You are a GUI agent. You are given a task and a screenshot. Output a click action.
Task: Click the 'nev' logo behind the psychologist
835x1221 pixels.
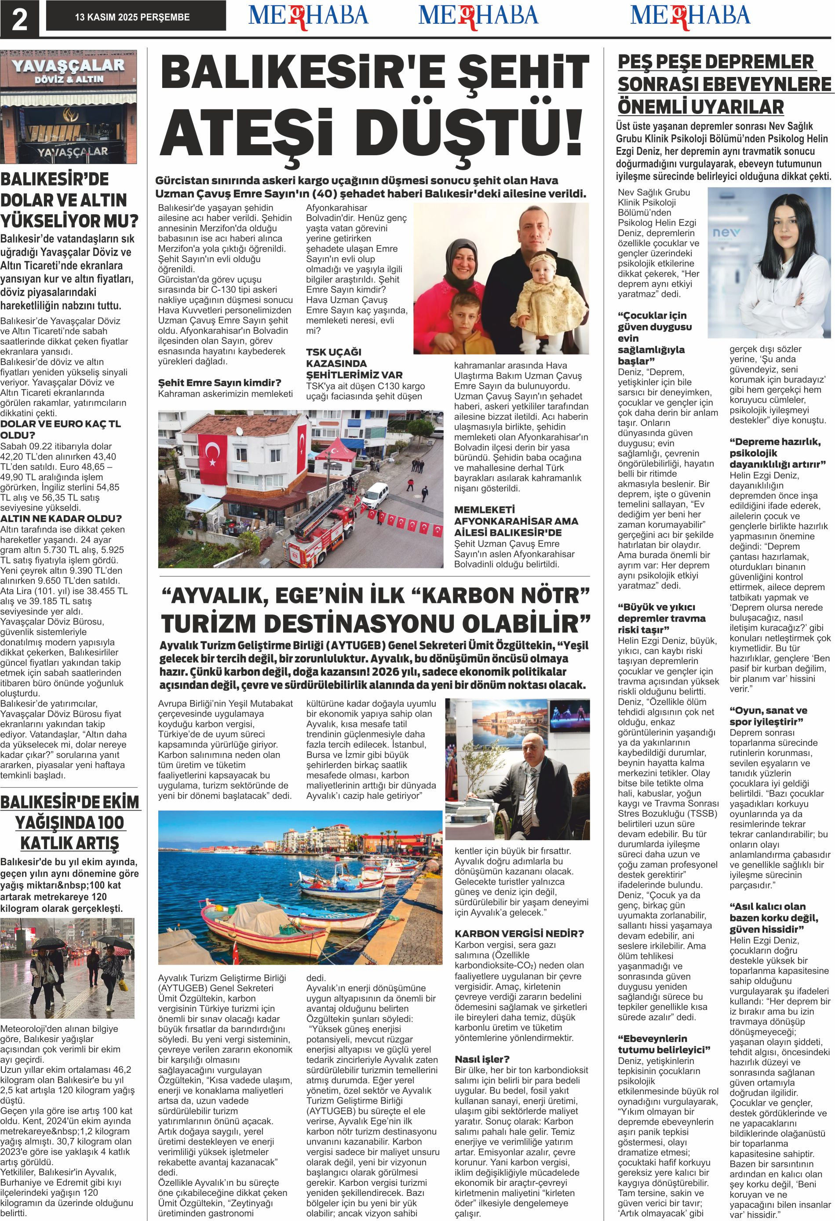(x=725, y=233)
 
